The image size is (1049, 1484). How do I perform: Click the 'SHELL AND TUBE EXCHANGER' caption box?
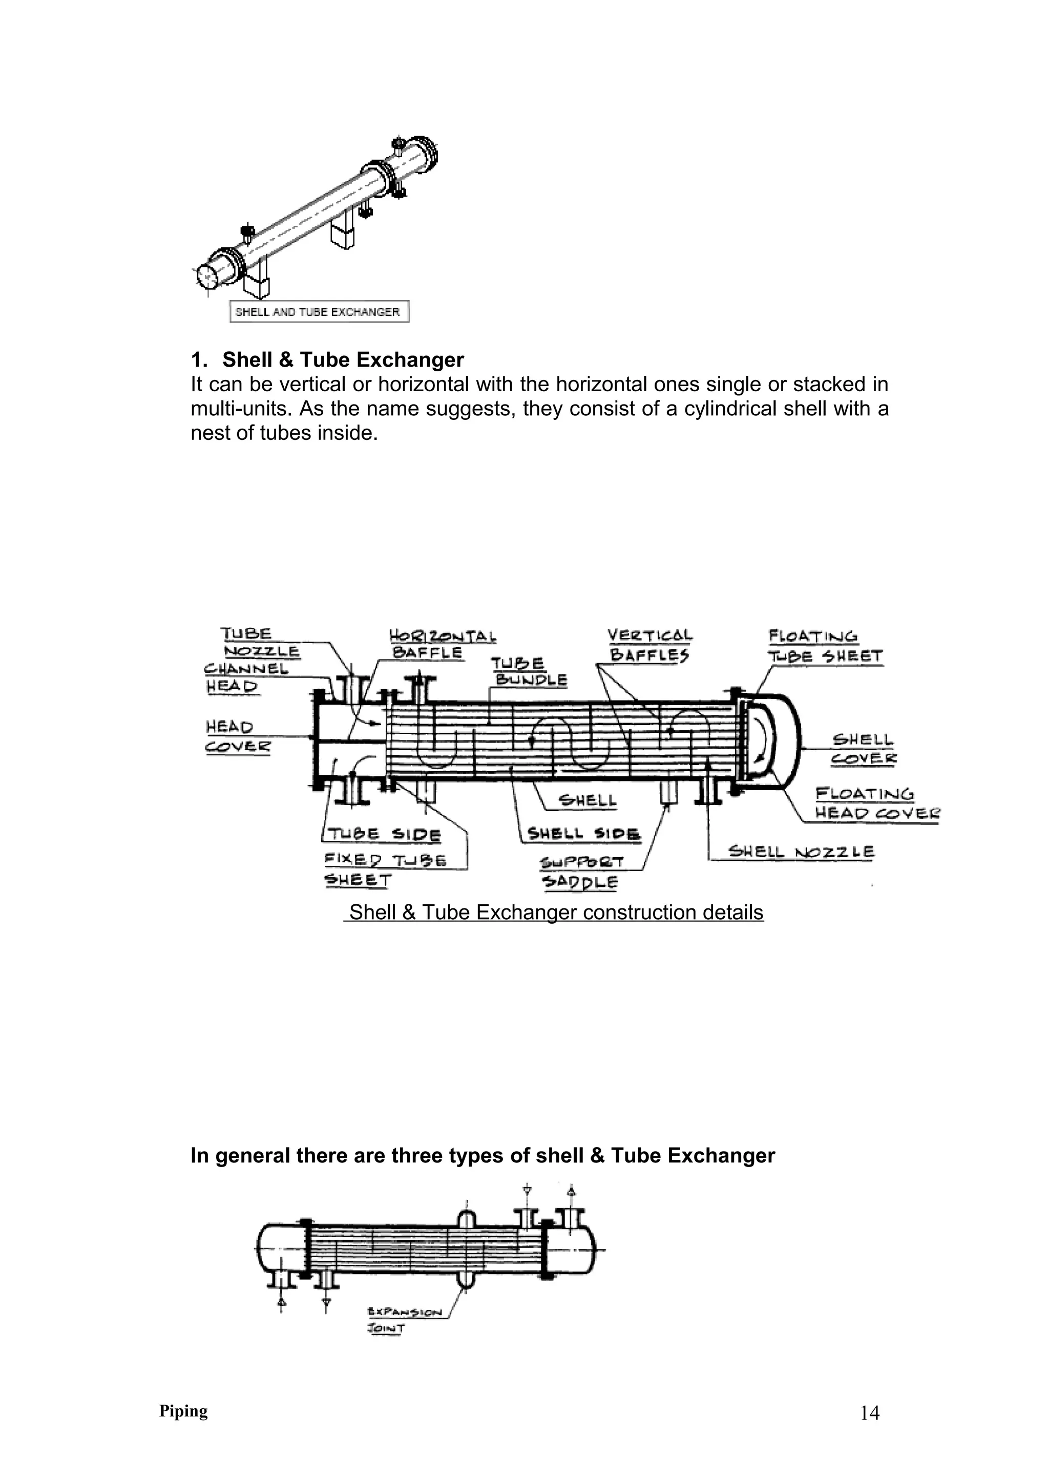pyautogui.click(x=319, y=312)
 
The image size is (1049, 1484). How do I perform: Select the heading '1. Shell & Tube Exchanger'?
pyautogui.click(x=327, y=359)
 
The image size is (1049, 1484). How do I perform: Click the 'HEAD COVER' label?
pyautogui.click(x=237, y=737)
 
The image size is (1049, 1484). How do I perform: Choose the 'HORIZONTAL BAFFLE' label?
pyautogui.click(x=442, y=644)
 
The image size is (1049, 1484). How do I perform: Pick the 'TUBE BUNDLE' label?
pyautogui.click(x=528, y=671)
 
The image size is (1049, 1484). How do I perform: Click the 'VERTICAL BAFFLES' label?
pyautogui.click(x=649, y=645)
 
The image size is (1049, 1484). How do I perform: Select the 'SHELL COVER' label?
pyautogui.click(x=863, y=749)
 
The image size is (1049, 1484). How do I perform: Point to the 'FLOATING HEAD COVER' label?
pyautogui.click(x=876, y=803)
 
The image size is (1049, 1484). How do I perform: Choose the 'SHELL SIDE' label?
pyautogui.click(x=583, y=833)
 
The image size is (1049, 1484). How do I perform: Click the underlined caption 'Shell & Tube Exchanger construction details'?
pyautogui.click(x=554, y=912)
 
